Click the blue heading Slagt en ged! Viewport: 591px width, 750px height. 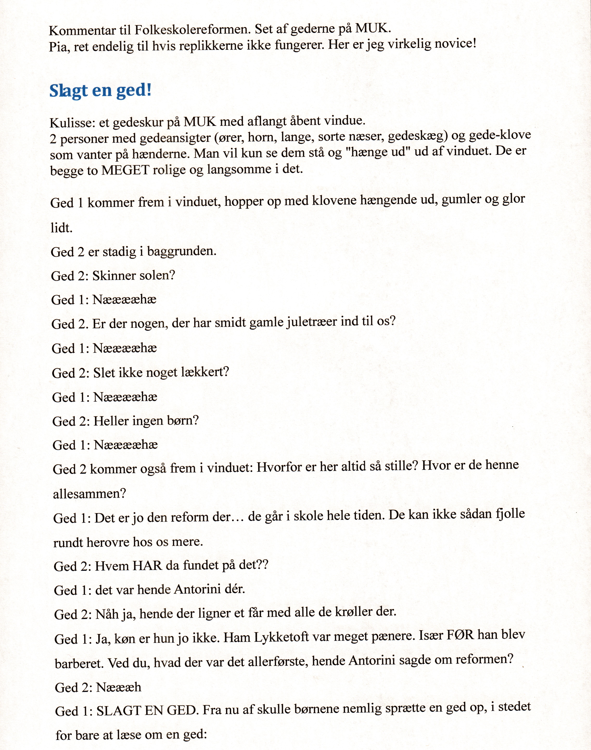pos(100,91)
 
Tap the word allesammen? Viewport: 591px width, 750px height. pos(89,494)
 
